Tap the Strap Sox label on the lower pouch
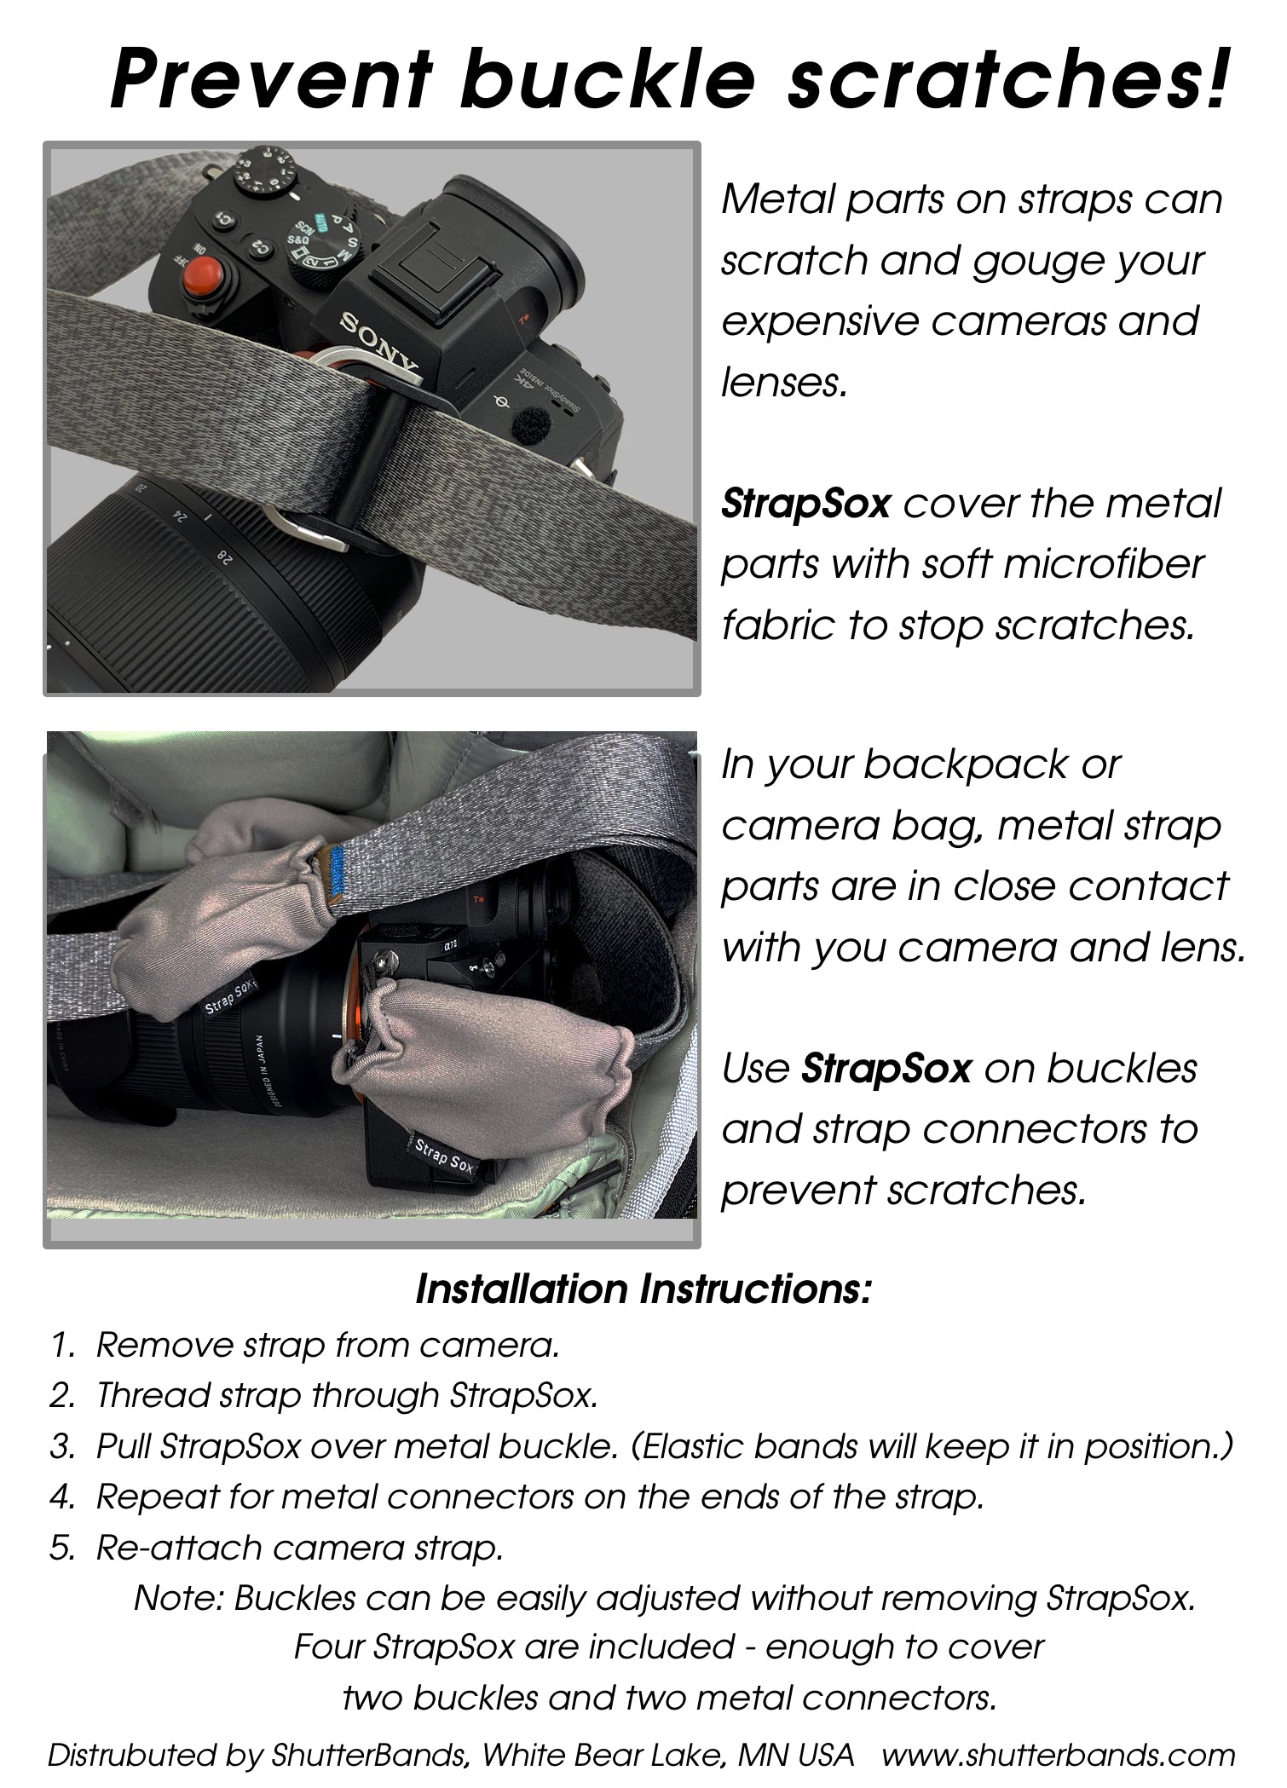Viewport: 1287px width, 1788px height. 444,1155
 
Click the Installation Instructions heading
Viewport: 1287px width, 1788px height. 643,1289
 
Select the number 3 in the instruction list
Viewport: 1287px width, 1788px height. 62,1446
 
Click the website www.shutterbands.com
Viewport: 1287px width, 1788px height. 1058,1756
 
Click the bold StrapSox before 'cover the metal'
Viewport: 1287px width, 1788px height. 805,503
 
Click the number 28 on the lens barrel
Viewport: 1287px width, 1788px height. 225,558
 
